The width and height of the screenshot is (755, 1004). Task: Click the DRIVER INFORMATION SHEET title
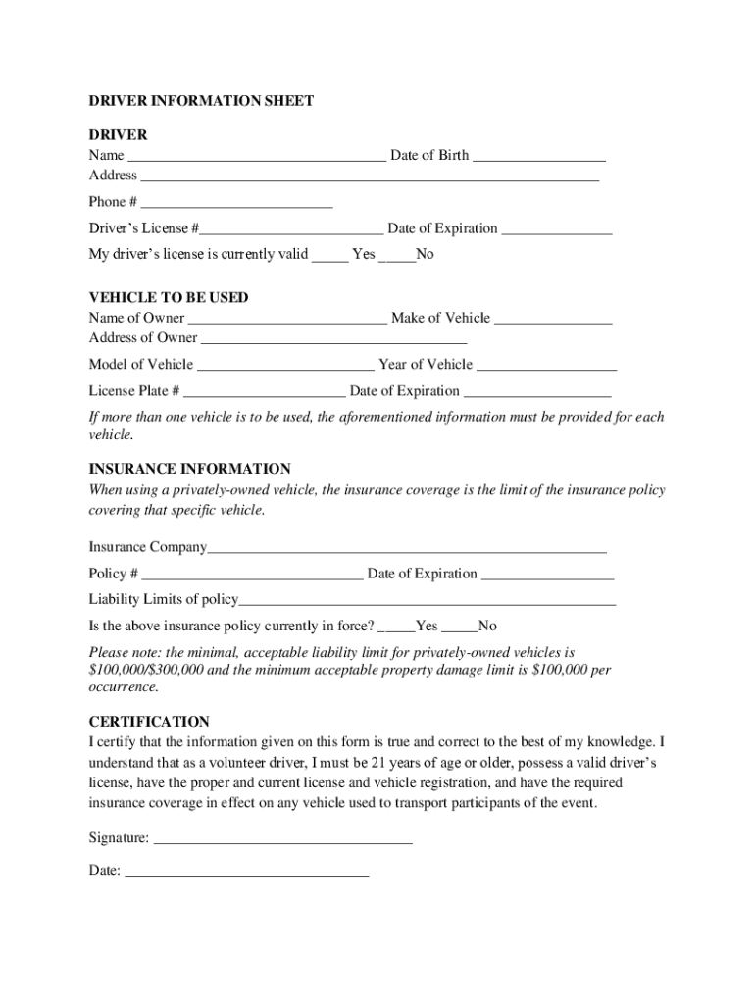[201, 101]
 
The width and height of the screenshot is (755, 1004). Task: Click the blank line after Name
[257, 156]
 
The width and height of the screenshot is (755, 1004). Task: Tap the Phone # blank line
[236, 203]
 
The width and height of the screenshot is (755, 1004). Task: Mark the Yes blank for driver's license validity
[330, 256]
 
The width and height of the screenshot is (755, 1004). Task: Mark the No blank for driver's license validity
[397, 256]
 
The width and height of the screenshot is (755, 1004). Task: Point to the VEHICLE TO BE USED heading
[169, 297]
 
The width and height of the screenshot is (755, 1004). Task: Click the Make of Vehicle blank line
[553, 319]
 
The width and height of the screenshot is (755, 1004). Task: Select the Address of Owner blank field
[333, 339]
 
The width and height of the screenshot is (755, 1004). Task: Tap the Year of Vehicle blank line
[546, 366]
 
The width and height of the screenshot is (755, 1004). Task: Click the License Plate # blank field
[264, 392]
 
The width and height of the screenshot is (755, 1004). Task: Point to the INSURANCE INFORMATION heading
[189, 469]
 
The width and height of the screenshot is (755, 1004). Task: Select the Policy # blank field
[252, 575]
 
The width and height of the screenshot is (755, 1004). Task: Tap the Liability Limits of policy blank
[427, 601]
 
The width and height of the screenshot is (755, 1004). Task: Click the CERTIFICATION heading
[149, 721]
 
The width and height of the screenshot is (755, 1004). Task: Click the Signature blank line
[283, 840]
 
